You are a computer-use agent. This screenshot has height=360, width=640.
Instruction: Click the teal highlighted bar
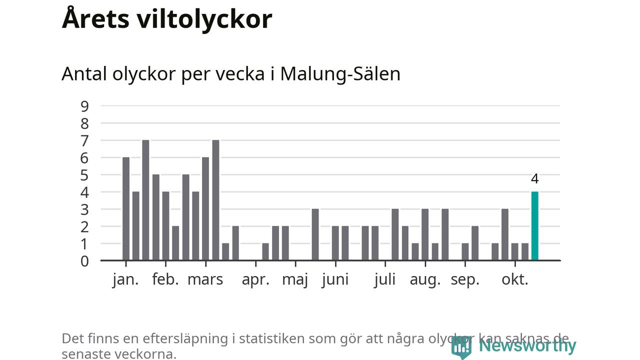[x=535, y=226]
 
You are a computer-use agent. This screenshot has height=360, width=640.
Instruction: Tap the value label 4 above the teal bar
[x=535, y=179]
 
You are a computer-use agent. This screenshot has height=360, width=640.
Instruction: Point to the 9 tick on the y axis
[x=84, y=106]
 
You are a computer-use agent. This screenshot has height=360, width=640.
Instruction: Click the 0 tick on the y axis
[x=84, y=261]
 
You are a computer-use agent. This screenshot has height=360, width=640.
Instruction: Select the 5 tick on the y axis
[x=84, y=175]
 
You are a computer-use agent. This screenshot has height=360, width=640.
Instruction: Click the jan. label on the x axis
[x=125, y=279]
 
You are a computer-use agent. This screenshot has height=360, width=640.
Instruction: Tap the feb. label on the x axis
[x=165, y=279]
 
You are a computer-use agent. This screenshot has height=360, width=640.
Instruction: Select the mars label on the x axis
[x=205, y=279]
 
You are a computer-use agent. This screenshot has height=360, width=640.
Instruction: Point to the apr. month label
[x=255, y=279]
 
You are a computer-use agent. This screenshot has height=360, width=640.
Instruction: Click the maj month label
[x=295, y=280]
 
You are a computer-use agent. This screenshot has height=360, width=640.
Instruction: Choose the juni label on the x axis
[x=335, y=279]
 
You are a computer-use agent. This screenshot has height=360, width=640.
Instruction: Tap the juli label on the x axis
[x=384, y=279]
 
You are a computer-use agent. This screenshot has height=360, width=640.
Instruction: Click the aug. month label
[x=425, y=280]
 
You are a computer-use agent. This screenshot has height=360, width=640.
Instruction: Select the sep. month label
[x=465, y=280]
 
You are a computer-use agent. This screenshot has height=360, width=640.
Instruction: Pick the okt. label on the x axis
[x=515, y=279]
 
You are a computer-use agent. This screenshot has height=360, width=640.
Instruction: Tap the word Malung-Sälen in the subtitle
[x=340, y=73]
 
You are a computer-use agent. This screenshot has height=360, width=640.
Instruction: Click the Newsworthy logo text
[x=527, y=345]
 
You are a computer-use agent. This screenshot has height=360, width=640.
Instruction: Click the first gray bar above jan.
[x=126, y=209]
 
